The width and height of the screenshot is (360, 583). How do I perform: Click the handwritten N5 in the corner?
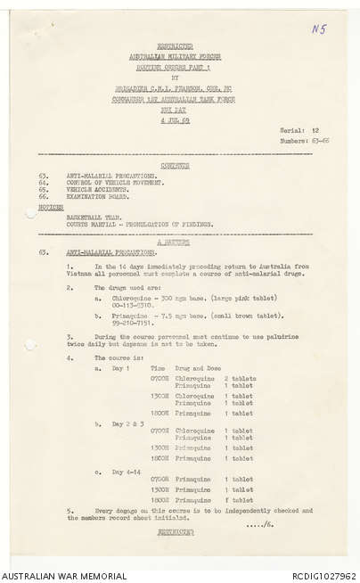(x=318, y=29)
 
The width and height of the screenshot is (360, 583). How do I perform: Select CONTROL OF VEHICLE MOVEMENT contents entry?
(x=117, y=181)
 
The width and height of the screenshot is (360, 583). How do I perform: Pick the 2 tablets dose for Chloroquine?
(x=239, y=378)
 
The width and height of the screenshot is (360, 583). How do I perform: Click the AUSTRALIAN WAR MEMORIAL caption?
(x=64, y=576)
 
